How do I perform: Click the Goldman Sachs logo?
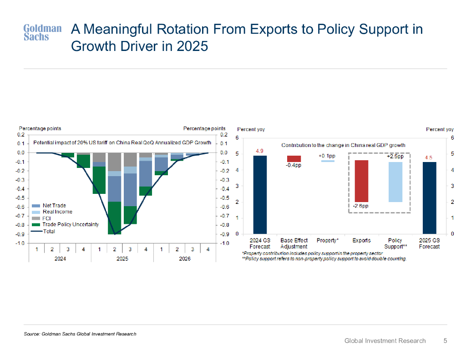click(42, 32)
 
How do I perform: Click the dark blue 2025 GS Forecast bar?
click(429, 198)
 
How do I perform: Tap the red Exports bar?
click(361, 181)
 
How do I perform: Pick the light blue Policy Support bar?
click(395, 182)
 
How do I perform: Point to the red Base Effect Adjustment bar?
click(294, 158)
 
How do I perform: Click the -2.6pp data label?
click(361, 206)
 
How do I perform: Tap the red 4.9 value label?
click(259, 151)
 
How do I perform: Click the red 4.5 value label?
click(429, 157)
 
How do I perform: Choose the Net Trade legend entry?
click(55, 206)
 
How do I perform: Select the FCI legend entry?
click(47, 218)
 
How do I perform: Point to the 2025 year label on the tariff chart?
click(122, 259)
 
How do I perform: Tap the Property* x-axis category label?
click(327, 240)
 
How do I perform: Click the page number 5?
click(446, 340)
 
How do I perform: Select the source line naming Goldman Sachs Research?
click(80, 334)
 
